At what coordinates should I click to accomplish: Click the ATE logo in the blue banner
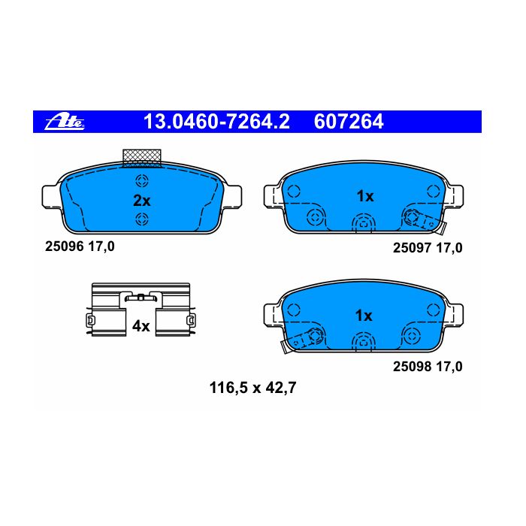(x=65, y=122)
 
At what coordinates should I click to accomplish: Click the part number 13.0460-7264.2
(x=216, y=122)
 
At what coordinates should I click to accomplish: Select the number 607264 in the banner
(x=349, y=122)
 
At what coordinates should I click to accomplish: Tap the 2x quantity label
(x=141, y=201)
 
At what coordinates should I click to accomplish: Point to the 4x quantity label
(x=141, y=325)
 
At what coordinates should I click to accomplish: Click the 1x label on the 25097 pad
(x=365, y=196)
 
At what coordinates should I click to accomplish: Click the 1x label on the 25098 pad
(x=364, y=316)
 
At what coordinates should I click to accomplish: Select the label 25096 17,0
(x=80, y=246)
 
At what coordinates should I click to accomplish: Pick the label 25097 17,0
(x=428, y=248)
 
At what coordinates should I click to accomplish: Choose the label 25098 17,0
(x=428, y=367)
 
